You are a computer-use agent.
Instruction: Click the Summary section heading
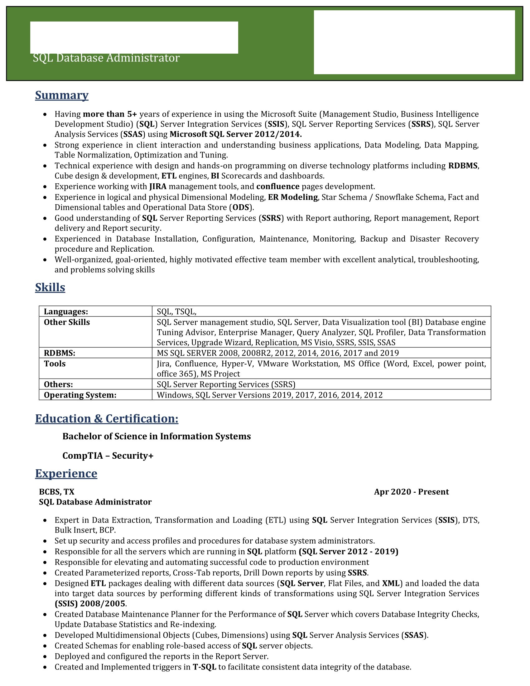tap(61, 95)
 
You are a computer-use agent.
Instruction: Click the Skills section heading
tap(50, 287)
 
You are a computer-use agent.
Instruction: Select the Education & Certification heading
tap(106, 419)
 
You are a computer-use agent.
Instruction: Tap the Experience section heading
tap(66, 473)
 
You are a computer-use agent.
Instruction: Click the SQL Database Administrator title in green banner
tap(106, 58)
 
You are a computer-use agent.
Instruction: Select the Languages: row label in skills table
tap(65, 312)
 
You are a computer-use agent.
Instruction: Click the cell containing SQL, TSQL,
tap(176, 312)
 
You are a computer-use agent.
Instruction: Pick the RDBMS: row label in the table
tap(59, 353)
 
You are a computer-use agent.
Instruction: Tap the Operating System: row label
tap(80, 395)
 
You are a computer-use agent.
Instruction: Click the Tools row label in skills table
tap(55, 364)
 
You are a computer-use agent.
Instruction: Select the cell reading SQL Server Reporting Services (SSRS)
tap(226, 384)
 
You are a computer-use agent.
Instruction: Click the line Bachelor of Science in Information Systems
tap(157, 436)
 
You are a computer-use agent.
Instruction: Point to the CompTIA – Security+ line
tap(108, 456)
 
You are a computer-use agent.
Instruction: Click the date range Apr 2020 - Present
tap(411, 492)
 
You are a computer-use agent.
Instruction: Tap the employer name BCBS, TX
tap(56, 492)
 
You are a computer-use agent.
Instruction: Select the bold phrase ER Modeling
tap(293, 197)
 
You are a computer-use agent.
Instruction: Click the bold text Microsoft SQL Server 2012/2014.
tap(235, 134)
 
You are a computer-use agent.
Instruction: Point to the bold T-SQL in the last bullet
tap(204, 667)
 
